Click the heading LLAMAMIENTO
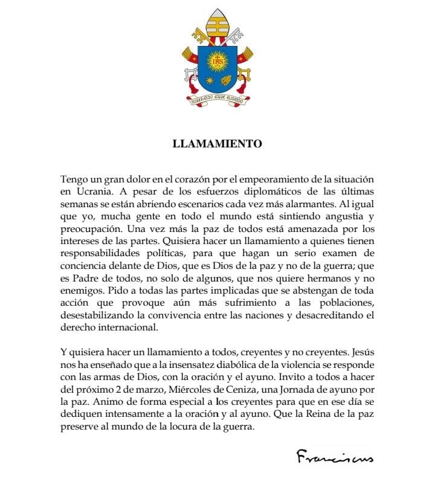point(217,144)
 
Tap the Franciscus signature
point(335,457)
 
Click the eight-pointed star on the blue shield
point(209,80)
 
